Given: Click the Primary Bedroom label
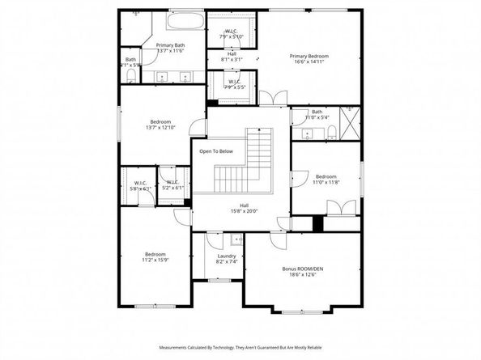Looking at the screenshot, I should pyautogui.click(x=310, y=56).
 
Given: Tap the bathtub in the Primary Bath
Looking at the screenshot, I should pyautogui.click(x=185, y=22).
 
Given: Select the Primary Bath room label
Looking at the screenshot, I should pyautogui.click(x=171, y=45).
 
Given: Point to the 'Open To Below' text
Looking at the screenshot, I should pyautogui.click(x=216, y=150).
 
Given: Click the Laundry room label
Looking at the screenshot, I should pyautogui.click(x=215, y=256).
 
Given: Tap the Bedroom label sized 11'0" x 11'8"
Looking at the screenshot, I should pyautogui.click(x=326, y=176).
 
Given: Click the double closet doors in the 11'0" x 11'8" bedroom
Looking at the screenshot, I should pyautogui.click(x=344, y=208).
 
